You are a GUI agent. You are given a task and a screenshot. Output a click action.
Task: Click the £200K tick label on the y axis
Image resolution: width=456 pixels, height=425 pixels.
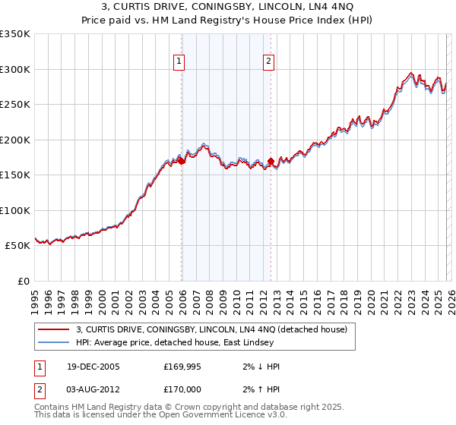15,140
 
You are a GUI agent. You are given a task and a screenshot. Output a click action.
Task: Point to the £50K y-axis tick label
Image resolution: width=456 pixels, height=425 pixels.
17,246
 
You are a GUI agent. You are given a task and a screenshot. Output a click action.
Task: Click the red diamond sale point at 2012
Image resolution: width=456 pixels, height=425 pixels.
271,162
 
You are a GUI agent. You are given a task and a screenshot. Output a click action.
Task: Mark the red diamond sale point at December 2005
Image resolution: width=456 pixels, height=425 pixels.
182,161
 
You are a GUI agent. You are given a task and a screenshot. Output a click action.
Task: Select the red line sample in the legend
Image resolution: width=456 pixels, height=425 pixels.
53,329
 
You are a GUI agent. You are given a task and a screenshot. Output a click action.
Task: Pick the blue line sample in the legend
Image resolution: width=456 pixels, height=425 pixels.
53,342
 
